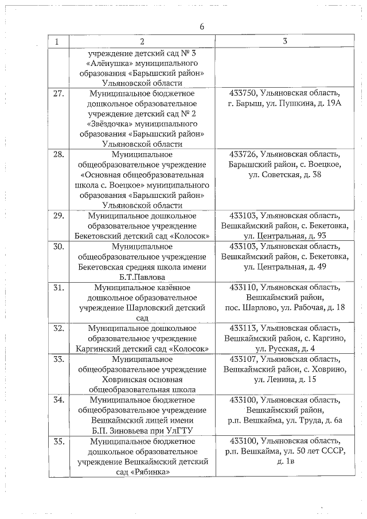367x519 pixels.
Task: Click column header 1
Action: (x=57, y=42)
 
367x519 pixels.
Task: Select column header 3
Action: (x=285, y=42)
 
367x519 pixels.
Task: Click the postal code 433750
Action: (x=243, y=93)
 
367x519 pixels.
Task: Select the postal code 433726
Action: (x=243, y=154)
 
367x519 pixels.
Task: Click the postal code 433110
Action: (x=243, y=287)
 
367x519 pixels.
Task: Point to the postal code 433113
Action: (x=243, y=328)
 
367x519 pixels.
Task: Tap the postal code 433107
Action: (x=243, y=359)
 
